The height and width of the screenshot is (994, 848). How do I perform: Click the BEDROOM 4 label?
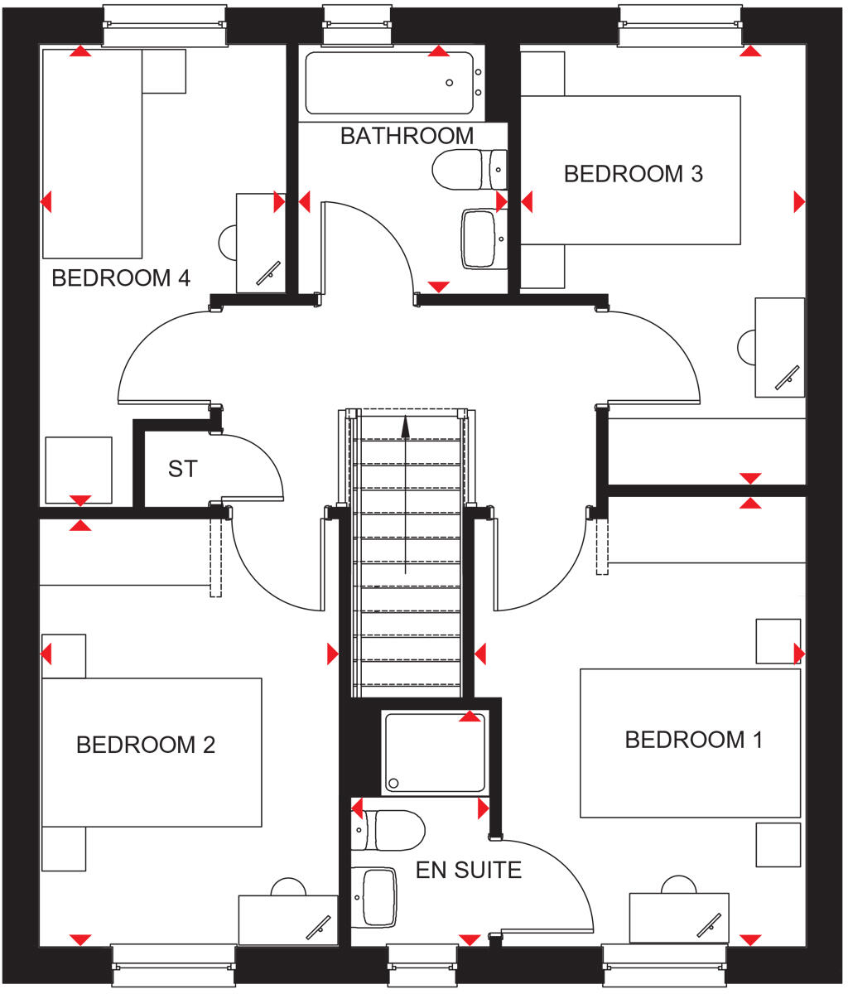click(121, 278)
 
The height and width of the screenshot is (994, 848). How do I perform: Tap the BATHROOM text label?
click(407, 136)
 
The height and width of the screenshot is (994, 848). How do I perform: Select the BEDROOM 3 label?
click(633, 174)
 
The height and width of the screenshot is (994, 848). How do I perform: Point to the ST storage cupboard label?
click(182, 469)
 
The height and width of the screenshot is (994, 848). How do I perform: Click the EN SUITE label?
click(468, 870)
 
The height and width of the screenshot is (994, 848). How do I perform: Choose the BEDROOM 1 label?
click(693, 740)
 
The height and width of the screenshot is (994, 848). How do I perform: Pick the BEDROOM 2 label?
click(145, 745)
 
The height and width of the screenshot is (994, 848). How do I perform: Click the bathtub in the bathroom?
click(389, 83)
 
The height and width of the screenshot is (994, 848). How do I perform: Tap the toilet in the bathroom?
click(469, 170)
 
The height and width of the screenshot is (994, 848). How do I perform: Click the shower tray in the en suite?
click(434, 752)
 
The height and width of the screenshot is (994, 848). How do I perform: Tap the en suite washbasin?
click(377, 896)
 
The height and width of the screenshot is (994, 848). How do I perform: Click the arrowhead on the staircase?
click(405, 427)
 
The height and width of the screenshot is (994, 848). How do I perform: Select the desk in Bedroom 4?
click(260, 243)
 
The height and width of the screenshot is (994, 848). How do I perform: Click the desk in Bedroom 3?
click(779, 347)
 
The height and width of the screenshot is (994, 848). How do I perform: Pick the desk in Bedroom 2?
click(287, 919)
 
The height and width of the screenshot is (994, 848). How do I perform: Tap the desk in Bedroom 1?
click(678, 917)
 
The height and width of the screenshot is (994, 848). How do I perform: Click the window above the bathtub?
click(357, 25)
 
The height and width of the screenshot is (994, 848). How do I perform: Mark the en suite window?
click(422, 966)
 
